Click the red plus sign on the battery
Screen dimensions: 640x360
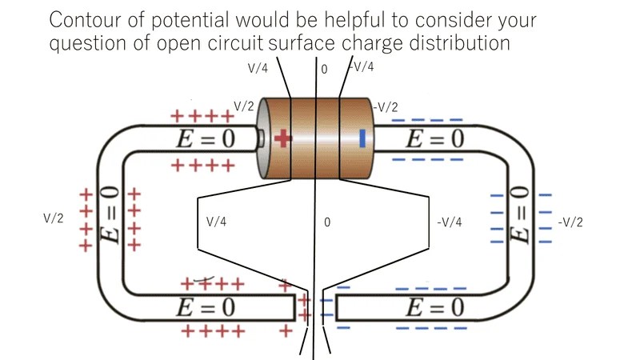(x=282, y=138)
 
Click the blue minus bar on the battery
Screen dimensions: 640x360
(x=362, y=138)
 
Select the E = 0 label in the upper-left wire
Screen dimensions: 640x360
(x=206, y=138)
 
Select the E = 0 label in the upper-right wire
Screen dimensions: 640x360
(x=434, y=138)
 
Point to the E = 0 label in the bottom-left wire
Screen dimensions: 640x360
(x=206, y=307)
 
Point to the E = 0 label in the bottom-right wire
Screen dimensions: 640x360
(x=434, y=307)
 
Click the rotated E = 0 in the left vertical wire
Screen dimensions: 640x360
(x=110, y=214)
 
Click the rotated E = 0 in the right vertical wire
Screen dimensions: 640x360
(x=519, y=214)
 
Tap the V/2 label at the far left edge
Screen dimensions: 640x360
(x=54, y=218)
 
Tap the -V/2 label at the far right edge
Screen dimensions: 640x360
(x=570, y=222)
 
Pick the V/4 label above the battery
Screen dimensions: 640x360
(x=258, y=68)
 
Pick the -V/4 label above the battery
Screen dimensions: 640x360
(x=362, y=66)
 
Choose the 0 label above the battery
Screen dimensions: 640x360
(x=324, y=70)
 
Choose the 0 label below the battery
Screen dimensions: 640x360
(x=327, y=222)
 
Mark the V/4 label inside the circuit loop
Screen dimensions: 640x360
(x=216, y=222)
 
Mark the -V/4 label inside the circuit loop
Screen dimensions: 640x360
(x=450, y=222)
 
